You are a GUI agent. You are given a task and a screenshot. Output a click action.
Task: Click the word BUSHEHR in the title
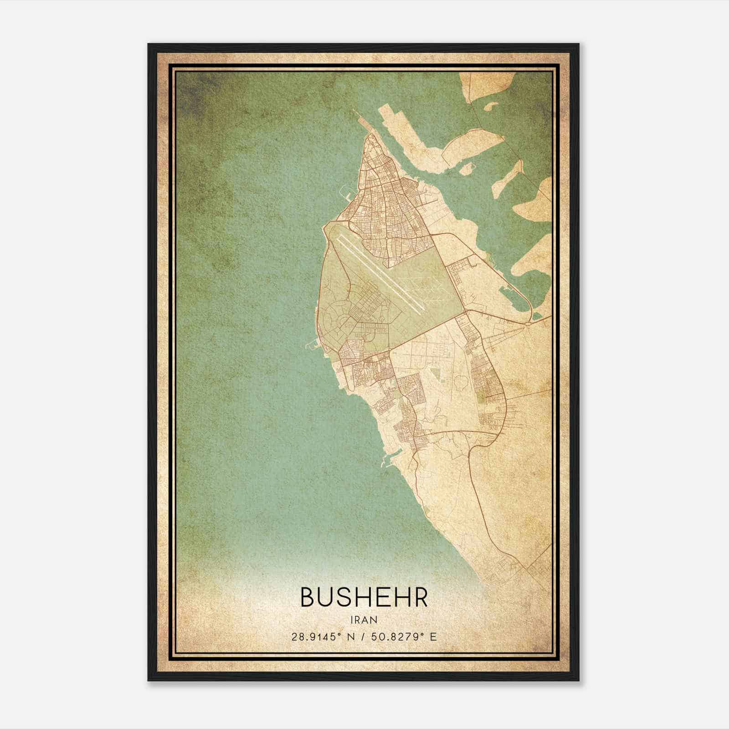364,597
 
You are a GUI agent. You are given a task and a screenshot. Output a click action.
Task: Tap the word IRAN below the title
364,620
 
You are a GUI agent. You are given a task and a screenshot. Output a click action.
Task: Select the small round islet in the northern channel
466,169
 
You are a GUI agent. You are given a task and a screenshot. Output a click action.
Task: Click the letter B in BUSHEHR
307,597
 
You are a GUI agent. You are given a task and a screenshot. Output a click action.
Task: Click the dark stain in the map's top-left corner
191,91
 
